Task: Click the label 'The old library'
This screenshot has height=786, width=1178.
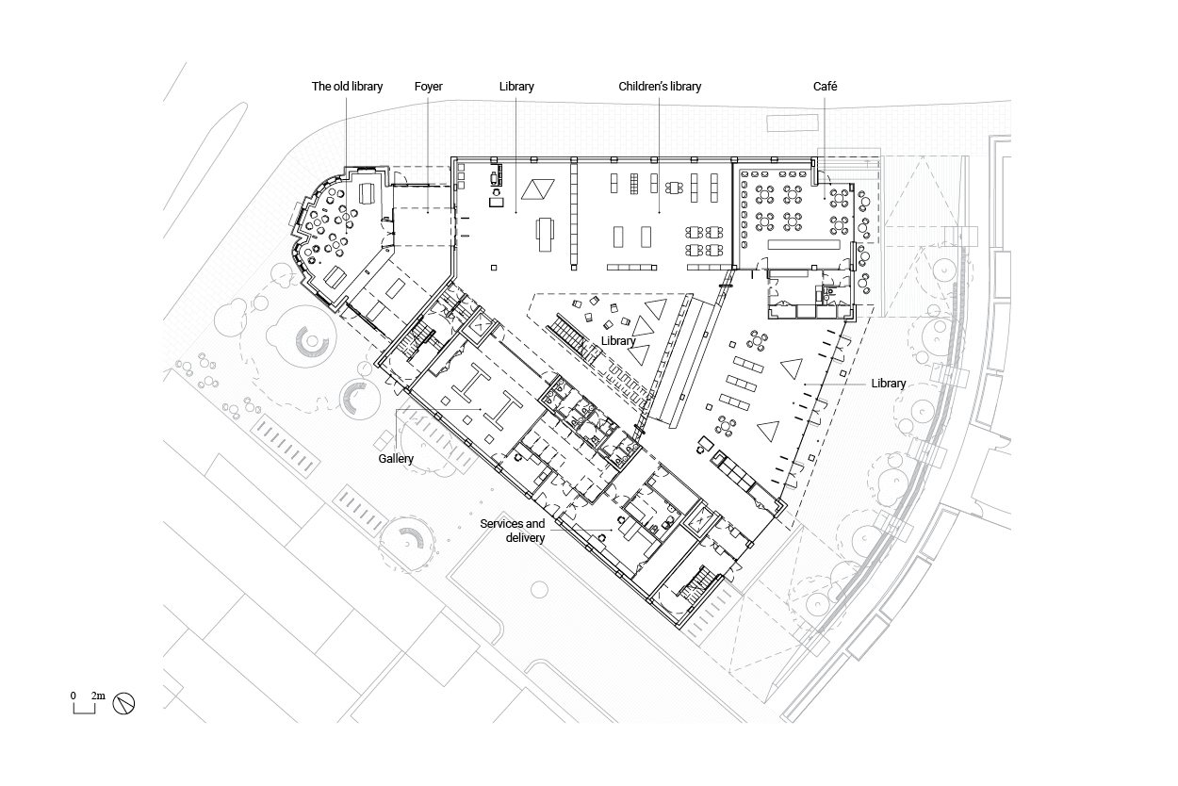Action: pos(347,86)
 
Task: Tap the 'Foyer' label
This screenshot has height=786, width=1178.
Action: pos(428,86)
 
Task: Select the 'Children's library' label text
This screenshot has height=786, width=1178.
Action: pos(660,86)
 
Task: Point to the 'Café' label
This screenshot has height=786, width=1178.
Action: pos(825,86)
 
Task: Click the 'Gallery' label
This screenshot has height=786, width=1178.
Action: pos(396,459)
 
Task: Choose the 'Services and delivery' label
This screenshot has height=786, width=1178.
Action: pos(513,531)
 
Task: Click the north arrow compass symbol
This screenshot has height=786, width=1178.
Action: pos(123,703)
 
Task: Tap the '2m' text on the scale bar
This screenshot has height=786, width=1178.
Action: pos(98,696)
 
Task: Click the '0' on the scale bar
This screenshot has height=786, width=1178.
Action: pos(74,696)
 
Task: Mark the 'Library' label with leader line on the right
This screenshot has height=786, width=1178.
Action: pos(889,384)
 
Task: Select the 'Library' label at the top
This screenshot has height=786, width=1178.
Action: pos(516,86)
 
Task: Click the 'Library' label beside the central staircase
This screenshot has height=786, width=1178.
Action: pos(618,340)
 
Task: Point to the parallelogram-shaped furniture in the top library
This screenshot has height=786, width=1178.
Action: pos(538,188)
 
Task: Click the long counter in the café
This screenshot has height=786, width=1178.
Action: pos(804,244)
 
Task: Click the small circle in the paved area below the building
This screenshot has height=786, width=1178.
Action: pos(539,590)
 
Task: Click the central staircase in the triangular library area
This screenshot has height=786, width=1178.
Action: pos(574,339)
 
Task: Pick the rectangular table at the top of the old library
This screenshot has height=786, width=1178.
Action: pos(368,193)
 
